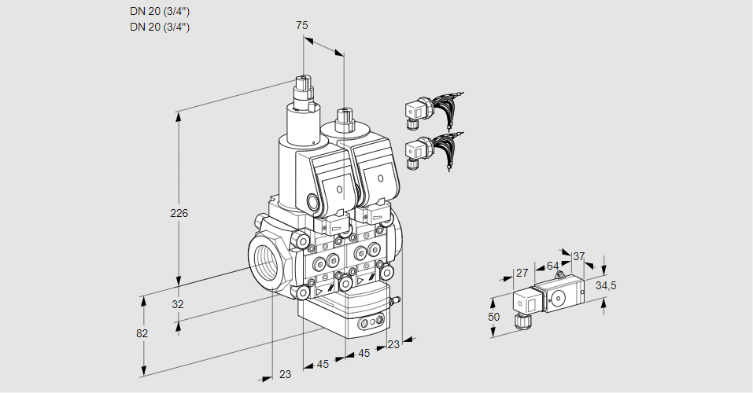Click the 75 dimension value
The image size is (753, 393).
tap(301, 25)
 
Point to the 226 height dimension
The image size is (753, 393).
tap(180, 213)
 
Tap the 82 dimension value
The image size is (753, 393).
tap(142, 333)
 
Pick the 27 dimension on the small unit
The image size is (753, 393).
tap(521, 273)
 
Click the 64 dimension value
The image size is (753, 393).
tap(553, 266)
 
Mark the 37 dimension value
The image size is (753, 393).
tap(578, 256)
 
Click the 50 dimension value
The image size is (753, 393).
tap(493, 317)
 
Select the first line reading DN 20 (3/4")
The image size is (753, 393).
tap(160, 11)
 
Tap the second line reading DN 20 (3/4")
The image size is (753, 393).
tap(160, 27)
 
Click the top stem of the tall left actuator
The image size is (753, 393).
tap(304, 82)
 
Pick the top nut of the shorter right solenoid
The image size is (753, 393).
tap(343, 118)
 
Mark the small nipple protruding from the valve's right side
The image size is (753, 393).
tap(398, 299)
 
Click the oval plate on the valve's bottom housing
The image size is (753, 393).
tap(369, 321)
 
